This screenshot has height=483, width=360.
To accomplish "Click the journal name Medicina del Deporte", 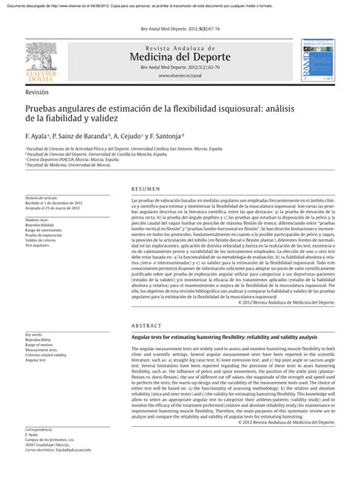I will tap(179, 58).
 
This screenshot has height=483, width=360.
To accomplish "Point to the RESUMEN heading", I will tap(146, 188).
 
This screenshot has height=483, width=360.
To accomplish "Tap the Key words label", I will tap(34, 334).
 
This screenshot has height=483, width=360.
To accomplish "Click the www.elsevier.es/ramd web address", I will tap(179, 77).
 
